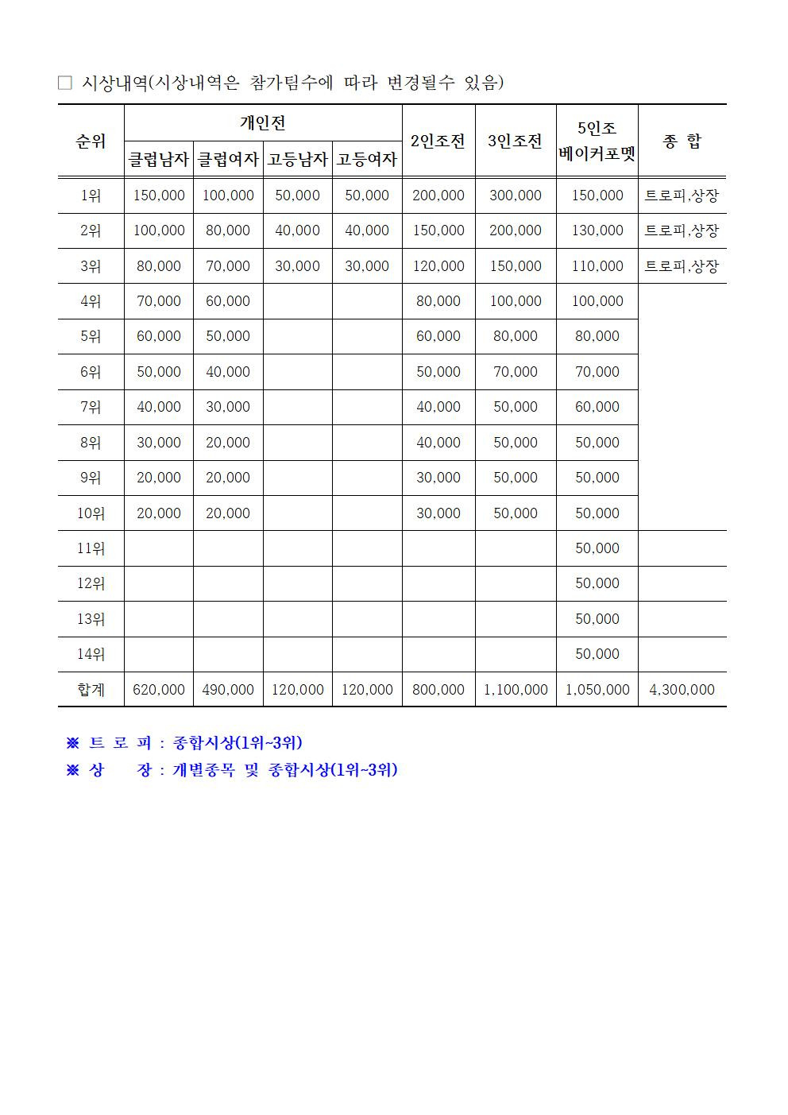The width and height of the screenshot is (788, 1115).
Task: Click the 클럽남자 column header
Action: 159,159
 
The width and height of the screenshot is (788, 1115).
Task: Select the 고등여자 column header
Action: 367,159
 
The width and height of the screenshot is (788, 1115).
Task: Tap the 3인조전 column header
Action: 515,141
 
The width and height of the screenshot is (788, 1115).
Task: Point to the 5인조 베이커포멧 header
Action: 597,141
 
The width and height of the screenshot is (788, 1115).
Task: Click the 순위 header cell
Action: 91,141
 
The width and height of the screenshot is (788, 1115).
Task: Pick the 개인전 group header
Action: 263,122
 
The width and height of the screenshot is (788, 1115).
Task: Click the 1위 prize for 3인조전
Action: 516,196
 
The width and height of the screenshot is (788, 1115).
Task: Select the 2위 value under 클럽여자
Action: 228,230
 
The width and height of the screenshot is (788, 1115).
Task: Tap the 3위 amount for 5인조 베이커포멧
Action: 597,266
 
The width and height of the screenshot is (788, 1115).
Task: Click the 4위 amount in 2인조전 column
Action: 438,301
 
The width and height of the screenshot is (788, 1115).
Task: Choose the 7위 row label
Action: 91,407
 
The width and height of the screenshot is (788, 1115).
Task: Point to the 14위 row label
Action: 91,654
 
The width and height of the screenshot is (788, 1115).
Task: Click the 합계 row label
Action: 91,690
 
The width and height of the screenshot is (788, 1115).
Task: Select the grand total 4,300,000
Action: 682,690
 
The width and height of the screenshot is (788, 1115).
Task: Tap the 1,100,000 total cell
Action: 516,690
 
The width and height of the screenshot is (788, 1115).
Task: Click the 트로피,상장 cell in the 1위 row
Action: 682,196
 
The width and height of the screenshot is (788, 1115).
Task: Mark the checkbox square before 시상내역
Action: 65,83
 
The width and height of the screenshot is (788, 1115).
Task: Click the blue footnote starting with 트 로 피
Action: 184,743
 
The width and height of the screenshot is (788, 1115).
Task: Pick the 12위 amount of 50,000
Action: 597,583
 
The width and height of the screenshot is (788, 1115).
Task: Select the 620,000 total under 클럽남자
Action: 159,690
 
